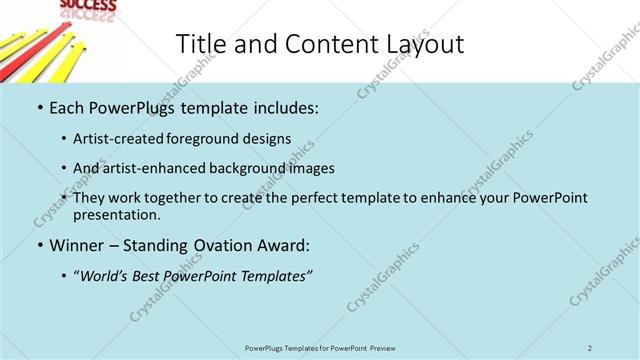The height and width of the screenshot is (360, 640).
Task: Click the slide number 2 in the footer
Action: click(x=590, y=347)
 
